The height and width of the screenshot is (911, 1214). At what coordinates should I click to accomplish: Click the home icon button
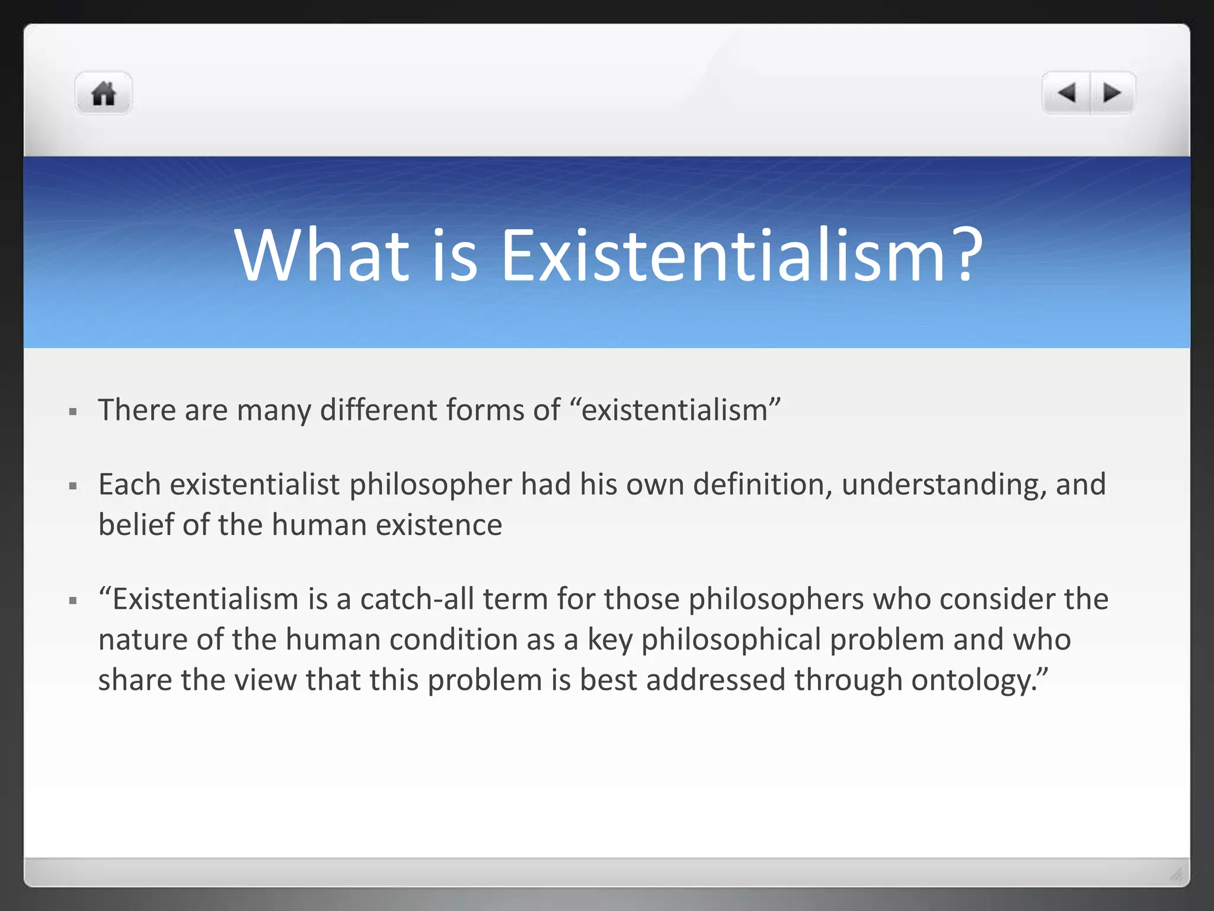click(x=103, y=94)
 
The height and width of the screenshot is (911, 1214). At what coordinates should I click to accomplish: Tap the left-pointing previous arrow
click(x=1066, y=93)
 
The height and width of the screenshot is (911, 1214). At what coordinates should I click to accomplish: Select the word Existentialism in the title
click(x=723, y=256)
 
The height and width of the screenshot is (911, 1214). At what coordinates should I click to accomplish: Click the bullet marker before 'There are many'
click(x=73, y=411)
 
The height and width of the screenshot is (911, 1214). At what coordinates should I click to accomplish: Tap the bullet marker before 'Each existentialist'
click(x=73, y=486)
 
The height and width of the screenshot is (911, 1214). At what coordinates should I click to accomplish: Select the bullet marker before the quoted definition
click(x=73, y=600)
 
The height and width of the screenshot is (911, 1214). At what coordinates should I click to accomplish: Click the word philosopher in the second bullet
click(x=430, y=485)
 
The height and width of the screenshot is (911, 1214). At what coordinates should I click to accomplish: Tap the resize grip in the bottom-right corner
click(x=1176, y=874)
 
